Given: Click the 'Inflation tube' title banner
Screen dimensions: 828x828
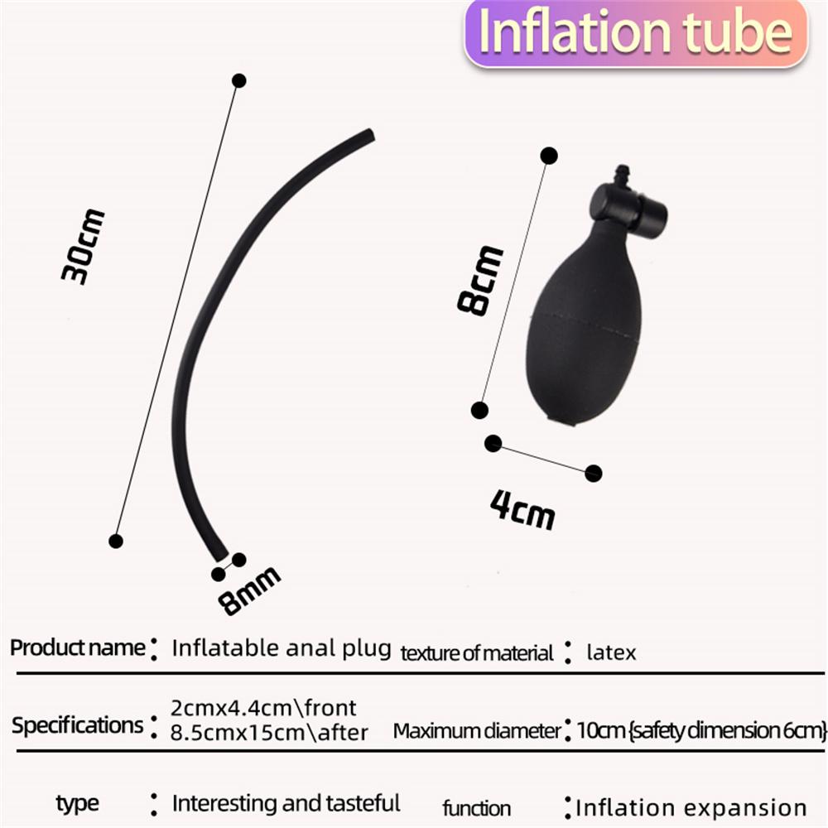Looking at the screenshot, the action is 636,33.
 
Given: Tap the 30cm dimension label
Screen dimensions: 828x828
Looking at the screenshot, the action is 83,247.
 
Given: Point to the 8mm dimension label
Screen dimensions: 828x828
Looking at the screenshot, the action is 248,591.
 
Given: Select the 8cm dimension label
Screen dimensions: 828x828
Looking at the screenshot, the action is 480,281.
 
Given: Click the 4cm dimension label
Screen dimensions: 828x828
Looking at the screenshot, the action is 522,509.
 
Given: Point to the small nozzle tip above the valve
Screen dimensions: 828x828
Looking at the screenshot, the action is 623,175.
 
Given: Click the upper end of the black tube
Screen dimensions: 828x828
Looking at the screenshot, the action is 371,135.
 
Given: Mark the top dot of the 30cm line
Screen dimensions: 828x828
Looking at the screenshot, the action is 239,81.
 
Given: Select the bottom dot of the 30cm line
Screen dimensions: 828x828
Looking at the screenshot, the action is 116,542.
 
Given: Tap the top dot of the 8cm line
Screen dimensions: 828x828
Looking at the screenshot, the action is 549,156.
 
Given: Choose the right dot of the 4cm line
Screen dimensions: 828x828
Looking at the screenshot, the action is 594,473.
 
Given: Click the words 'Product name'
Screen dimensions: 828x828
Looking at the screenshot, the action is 78,648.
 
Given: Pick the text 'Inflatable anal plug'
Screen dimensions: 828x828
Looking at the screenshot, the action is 282,648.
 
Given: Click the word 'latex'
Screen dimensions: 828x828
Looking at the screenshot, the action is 611,652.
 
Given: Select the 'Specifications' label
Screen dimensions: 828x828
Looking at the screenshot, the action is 78,725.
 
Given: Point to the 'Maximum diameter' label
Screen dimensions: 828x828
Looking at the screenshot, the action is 477,731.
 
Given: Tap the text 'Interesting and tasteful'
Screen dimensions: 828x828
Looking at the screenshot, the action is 286,803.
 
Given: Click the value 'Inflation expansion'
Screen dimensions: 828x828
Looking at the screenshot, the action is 691,808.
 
